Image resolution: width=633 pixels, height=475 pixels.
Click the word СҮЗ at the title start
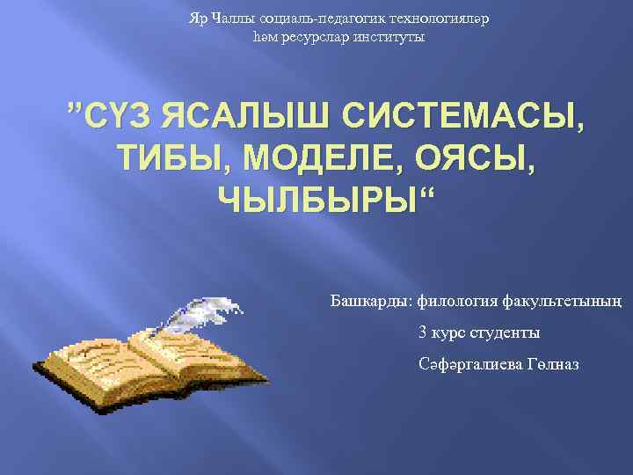[119, 121]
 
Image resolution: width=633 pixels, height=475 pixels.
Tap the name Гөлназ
[556, 365]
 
